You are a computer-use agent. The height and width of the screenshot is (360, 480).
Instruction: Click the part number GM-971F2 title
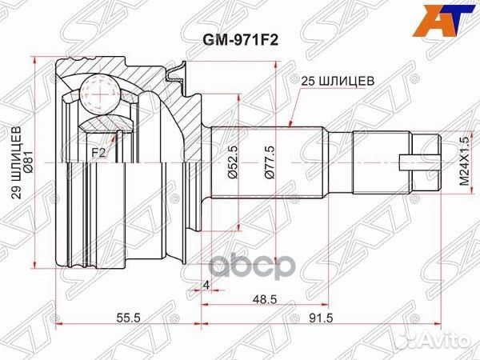coord(241,40)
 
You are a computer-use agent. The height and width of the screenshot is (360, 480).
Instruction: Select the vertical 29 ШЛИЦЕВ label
coord(18,162)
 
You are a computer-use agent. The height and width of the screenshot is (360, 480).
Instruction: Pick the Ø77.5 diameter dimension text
coord(270,162)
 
